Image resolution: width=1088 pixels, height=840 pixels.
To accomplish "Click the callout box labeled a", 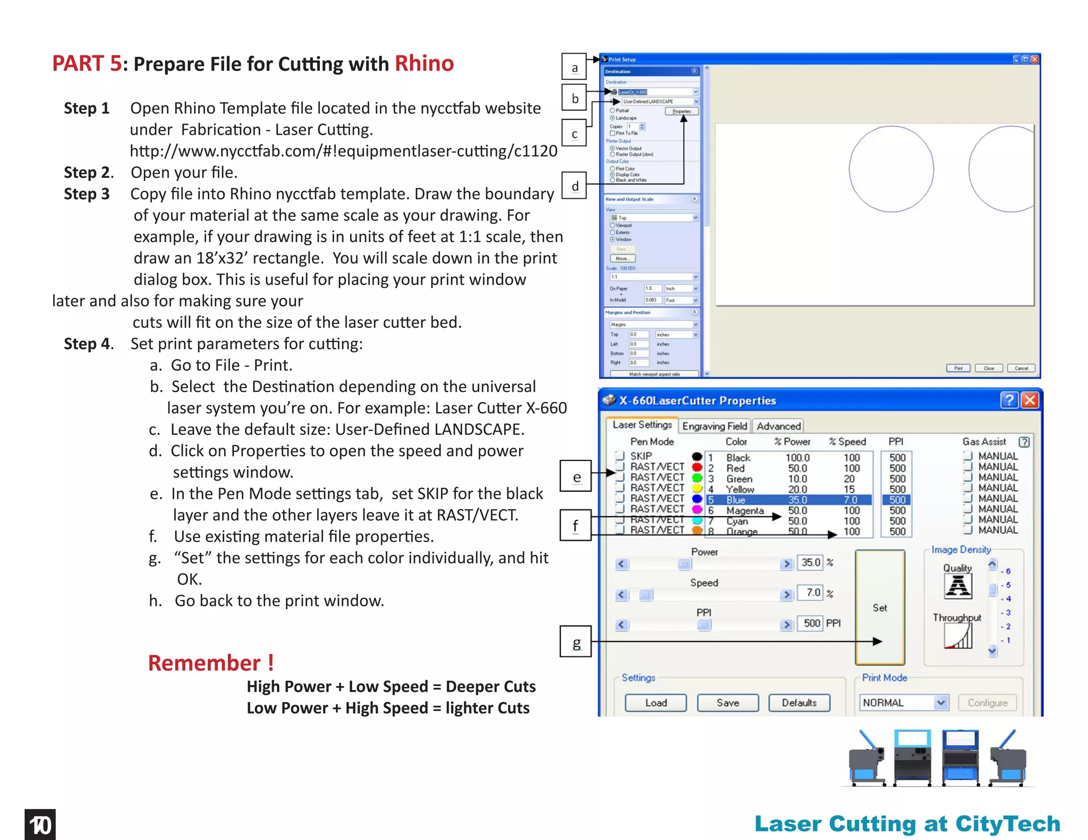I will click(x=574, y=67).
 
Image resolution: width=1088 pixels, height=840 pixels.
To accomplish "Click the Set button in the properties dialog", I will click(x=880, y=607).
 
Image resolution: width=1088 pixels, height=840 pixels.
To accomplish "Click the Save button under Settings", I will click(x=727, y=702).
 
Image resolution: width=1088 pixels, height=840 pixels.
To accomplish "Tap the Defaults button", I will click(x=799, y=702).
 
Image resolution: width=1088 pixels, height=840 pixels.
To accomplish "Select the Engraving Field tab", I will click(x=714, y=426).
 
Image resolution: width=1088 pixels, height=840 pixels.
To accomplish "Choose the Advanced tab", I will click(x=778, y=426).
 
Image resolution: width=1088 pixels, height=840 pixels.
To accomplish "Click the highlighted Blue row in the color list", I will click(x=788, y=500).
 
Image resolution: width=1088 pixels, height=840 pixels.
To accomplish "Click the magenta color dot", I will click(x=697, y=510).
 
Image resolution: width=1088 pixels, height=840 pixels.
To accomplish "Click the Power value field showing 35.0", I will click(x=810, y=562).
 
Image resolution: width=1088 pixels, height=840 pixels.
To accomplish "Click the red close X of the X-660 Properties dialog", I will click(x=1030, y=400).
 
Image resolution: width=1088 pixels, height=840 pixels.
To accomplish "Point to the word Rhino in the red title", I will click(x=424, y=64).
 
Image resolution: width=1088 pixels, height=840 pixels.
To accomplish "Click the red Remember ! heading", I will click(x=211, y=663).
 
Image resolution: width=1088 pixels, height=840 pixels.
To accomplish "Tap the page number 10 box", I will click(x=40, y=825).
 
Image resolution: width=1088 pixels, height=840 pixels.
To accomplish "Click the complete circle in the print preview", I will click(x=891, y=169).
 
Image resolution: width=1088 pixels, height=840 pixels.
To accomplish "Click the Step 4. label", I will click(x=89, y=344).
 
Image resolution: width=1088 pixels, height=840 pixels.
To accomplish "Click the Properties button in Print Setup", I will click(x=682, y=112).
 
